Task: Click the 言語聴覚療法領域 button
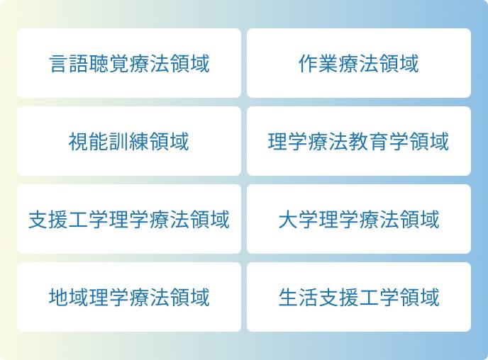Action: tap(129, 64)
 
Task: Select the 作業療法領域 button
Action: tap(358, 64)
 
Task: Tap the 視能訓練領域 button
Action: tap(129, 142)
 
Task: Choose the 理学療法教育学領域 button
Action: tap(358, 142)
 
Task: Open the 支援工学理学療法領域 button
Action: tap(129, 220)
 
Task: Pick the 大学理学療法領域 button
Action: tap(358, 220)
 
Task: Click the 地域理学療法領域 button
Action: tap(129, 297)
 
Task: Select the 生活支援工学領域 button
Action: tap(358, 297)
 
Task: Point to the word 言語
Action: tap(69, 64)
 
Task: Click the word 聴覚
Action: tap(109, 64)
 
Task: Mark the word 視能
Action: tap(89, 142)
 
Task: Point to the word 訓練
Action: tap(129, 142)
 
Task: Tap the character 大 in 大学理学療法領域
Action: tap(288, 220)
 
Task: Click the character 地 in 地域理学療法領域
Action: tap(59, 297)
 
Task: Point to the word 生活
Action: tap(298, 297)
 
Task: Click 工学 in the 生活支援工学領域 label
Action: tap(378, 297)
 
